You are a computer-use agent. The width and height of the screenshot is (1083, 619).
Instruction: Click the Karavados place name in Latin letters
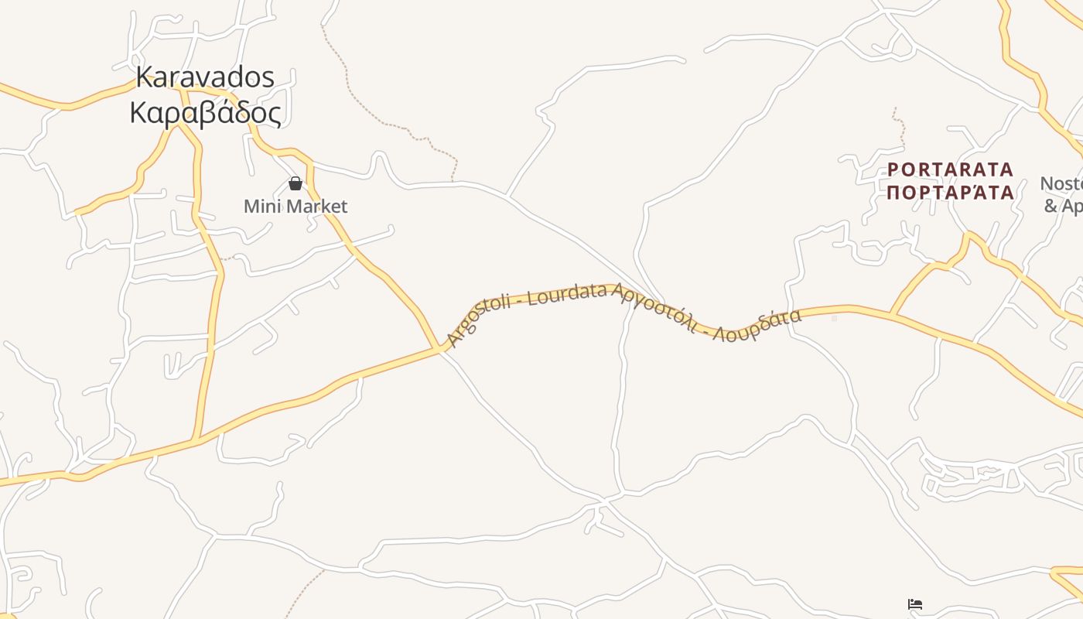tap(205, 77)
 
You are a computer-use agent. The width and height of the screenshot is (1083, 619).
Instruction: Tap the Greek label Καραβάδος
tap(205, 113)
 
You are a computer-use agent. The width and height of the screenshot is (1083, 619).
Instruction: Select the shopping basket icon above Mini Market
tap(295, 183)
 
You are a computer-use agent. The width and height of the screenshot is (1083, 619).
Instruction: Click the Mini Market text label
tap(296, 207)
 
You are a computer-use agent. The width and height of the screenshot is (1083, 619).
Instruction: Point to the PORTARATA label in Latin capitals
tap(950, 169)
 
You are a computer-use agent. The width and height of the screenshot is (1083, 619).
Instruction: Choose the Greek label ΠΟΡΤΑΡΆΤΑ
tap(950, 192)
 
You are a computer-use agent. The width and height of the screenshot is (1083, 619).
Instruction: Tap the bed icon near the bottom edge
tap(915, 604)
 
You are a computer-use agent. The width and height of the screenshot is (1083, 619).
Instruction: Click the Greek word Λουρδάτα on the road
tap(757, 326)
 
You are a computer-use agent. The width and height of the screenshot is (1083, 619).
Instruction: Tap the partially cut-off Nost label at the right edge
tap(1061, 184)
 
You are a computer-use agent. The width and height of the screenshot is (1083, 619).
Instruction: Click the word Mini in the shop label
tap(260, 207)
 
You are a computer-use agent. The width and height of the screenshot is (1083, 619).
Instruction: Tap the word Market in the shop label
tap(313, 207)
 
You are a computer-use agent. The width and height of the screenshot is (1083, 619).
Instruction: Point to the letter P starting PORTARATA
tap(893, 169)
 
